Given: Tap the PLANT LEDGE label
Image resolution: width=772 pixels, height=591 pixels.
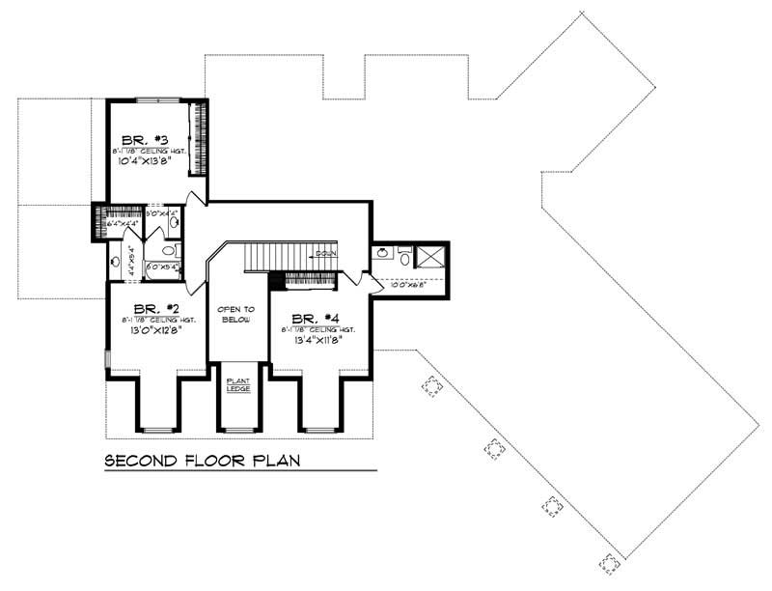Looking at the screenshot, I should [x=237, y=384].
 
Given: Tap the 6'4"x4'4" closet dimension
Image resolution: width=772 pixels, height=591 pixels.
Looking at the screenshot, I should [x=122, y=224].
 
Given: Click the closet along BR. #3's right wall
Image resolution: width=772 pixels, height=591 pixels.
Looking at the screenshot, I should [x=202, y=137].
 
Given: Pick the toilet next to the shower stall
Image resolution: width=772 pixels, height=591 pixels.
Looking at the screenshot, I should [x=404, y=256].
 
